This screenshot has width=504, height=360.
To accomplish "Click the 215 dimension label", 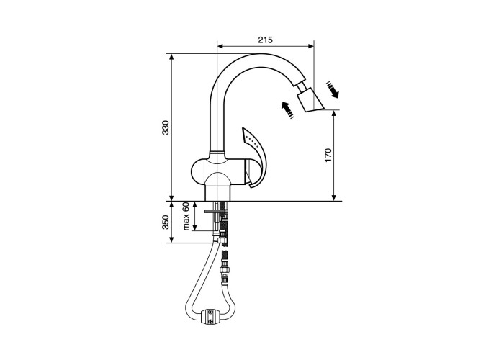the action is click(x=265, y=40).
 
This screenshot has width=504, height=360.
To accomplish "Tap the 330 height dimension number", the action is click(x=165, y=127).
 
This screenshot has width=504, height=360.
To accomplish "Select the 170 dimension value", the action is click(x=328, y=156).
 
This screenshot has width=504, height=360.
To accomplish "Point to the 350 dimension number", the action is click(x=165, y=222).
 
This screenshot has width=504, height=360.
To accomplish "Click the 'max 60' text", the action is click(x=186, y=216).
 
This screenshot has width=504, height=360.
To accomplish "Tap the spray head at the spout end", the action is click(x=310, y=101).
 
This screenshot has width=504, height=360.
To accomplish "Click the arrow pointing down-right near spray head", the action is click(x=333, y=89).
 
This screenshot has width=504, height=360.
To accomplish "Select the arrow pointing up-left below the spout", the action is click(x=287, y=110).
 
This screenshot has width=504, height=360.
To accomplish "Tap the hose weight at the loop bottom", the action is click(x=210, y=318).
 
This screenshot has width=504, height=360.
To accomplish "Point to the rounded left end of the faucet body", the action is click(x=197, y=171).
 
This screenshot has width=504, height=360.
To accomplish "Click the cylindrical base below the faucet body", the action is click(x=217, y=193).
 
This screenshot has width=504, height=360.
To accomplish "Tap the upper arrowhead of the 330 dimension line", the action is click(x=171, y=57).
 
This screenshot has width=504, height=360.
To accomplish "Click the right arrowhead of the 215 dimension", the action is click(x=310, y=46).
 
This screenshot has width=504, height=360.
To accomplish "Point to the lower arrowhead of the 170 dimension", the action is click(x=334, y=197).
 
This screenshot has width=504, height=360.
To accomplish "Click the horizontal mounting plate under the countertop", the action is click(x=216, y=211).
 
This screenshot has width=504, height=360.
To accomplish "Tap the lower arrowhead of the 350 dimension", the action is click(x=171, y=239).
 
